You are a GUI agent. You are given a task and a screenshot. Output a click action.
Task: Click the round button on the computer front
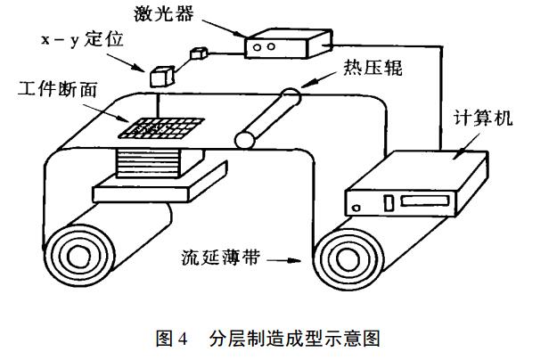click(357, 209)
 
